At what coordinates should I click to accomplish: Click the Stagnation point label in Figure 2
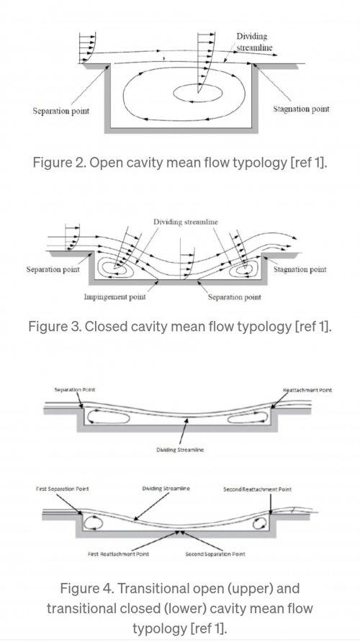click(301, 109)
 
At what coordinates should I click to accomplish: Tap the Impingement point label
click(114, 297)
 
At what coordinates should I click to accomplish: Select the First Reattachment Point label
click(118, 554)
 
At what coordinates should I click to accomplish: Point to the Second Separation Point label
click(215, 554)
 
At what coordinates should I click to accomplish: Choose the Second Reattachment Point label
click(257, 489)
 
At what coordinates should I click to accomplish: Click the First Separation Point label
click(62, 489)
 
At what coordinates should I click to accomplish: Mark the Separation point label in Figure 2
click(61, 111)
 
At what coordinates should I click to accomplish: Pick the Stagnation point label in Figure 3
click(300, 269)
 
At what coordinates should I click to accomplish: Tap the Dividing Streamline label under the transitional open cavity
click(180, 450)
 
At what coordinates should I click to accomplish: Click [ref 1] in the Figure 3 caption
click(312, 327)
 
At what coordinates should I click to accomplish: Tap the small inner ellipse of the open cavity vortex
click(198, 94)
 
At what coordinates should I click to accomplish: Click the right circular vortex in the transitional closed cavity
click(260, 523)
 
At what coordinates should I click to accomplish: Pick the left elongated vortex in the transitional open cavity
click(108, 417)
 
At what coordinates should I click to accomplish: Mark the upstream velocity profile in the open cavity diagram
click(87, 48)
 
